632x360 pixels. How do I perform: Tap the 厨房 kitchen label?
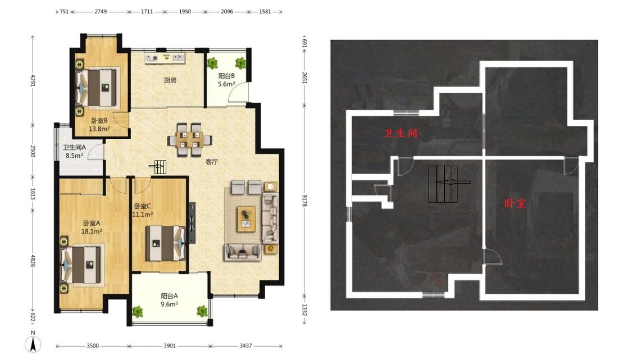click(x=170, y=80)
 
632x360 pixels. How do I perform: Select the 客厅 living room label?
click(x=212, y=162)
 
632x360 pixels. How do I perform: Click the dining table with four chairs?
click(x=189, y=139)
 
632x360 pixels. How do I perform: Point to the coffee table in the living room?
click(x=246, y=219)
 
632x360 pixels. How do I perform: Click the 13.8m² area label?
click(x=99, y=129)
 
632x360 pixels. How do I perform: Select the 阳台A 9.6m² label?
click(x=169, y=300)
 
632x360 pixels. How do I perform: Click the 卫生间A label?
click(x=74, y=148)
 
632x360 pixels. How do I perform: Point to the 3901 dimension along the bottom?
click(x=169, y=345)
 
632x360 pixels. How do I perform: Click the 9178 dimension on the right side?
click(x=304, y=200)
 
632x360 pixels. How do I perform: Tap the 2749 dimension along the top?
click(x=101, y=12)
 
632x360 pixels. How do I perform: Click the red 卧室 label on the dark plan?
click(x=515, y=203)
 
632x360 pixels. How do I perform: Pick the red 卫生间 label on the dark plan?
click(x=400, y=133)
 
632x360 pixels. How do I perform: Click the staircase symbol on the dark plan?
click(x=443, y=184)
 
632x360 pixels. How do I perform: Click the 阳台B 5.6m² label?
click(x=226, y=80)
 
